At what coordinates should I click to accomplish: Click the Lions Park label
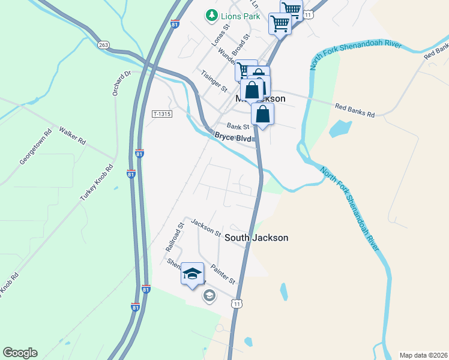click(x=240, y=16)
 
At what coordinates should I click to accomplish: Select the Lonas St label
click(x=221, y=36)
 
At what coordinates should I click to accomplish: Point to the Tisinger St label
click(x=214, y=81)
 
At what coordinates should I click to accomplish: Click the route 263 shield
click(x=104, y=44)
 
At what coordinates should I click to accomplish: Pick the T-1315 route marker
click(x=161, y=113)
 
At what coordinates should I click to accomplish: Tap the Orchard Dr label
click(x=121, y=83)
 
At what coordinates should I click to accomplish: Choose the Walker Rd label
click(x=71, y=136)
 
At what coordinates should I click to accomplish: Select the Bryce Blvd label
click(x=232, y=137)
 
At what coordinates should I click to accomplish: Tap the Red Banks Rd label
click(x=354, y=110)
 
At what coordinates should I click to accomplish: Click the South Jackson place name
click(x=256, y=238)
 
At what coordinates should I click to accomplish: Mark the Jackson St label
click(x=206, y=227)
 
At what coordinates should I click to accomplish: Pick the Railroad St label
click(x=174, y=238)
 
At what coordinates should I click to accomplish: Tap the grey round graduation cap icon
click(x=209, y=295)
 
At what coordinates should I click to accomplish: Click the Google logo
click(x=20, y=353)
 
